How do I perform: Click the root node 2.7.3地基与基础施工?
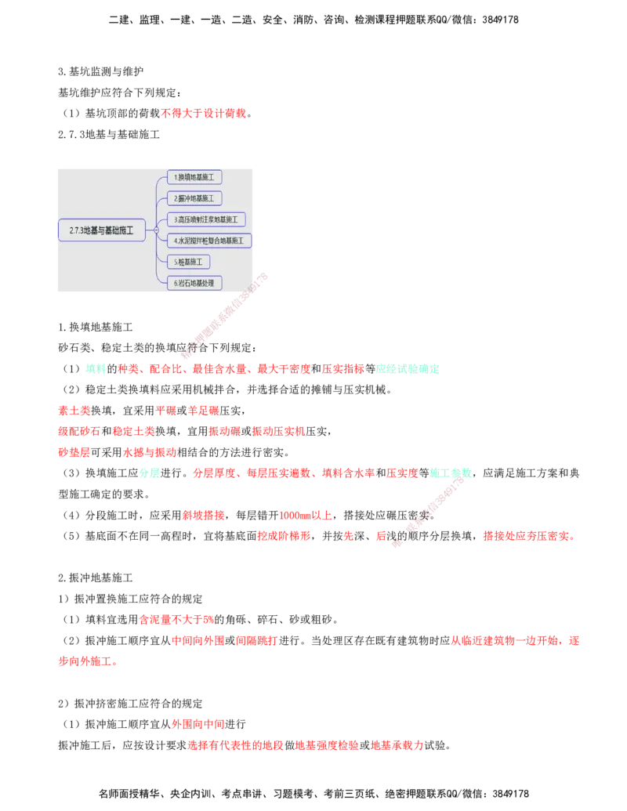click(102, 230)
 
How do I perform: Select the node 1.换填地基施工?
click(194, 177)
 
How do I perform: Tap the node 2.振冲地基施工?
click(194, 198)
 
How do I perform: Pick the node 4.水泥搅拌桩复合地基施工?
click(209, 241)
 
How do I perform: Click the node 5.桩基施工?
click(189, 262)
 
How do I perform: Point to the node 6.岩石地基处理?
click(194, 283)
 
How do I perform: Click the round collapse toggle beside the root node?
click(156, 230)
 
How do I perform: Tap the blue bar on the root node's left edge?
click(59, 230)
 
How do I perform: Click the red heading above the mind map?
click(204, 113)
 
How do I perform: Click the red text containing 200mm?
click(305, 515)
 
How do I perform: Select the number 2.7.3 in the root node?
click(76, 230)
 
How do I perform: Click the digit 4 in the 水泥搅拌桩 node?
click(176, 241)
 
